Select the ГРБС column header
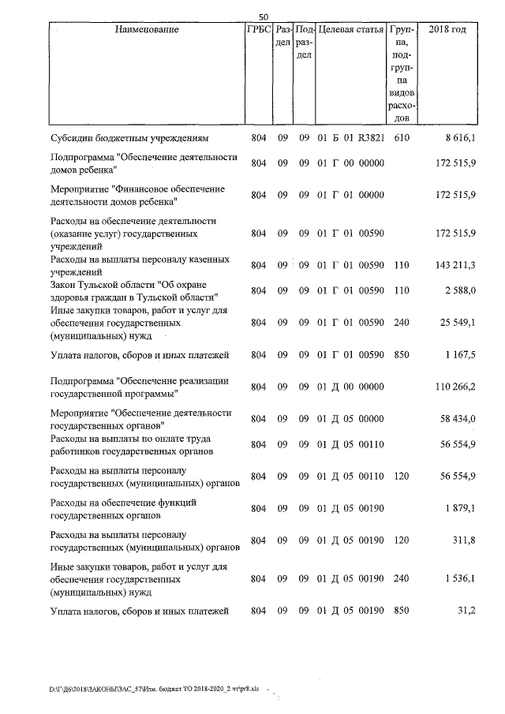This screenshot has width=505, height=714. click(258, 30)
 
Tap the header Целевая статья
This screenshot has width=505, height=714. click(350, 30)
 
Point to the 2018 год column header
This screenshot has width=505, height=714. click(446, 30)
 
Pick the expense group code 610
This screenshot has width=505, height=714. click(402, 138)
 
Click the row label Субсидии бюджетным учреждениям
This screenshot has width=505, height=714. click(128, 138)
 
